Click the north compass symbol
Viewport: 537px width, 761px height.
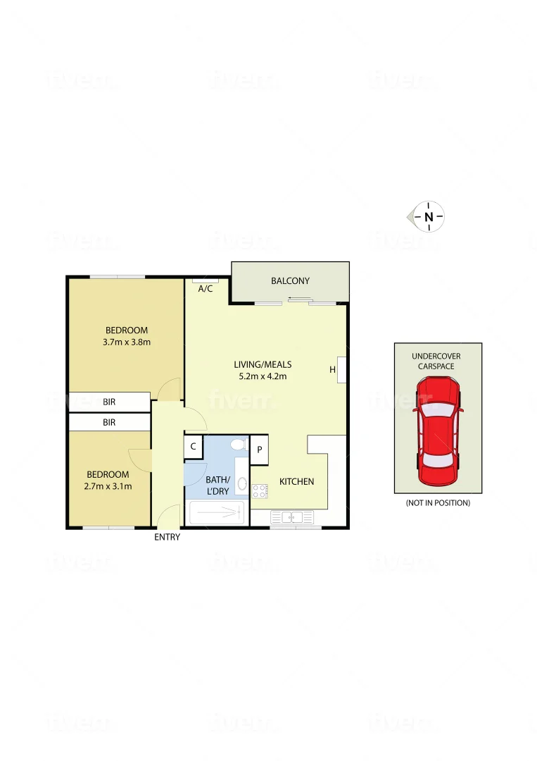[428, 217]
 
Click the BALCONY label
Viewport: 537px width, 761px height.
[290, 281]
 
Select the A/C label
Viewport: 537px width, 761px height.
[206, 289]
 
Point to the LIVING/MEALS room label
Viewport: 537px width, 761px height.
[263, 364]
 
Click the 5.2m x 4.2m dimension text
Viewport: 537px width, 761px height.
[263, 376]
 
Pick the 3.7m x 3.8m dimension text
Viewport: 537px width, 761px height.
[127, 342]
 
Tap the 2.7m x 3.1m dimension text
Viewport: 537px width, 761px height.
[108, 486]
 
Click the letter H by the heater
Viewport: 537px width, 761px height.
[332, 369]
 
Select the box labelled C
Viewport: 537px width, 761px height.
[193, 446]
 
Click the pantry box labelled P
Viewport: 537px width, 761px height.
[259, 450]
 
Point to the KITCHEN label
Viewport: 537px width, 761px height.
[296, 481]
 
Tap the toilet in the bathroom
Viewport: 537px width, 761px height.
[239, 445]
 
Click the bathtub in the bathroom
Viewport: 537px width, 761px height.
[217, 514]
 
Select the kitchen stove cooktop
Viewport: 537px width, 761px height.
[260, 491]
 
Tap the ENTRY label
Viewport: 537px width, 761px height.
[168, 537]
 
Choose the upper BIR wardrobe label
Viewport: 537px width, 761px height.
[109, 402]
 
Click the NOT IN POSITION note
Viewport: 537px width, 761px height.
[438, 503]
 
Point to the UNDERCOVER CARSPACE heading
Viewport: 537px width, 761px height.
[436, 361]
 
